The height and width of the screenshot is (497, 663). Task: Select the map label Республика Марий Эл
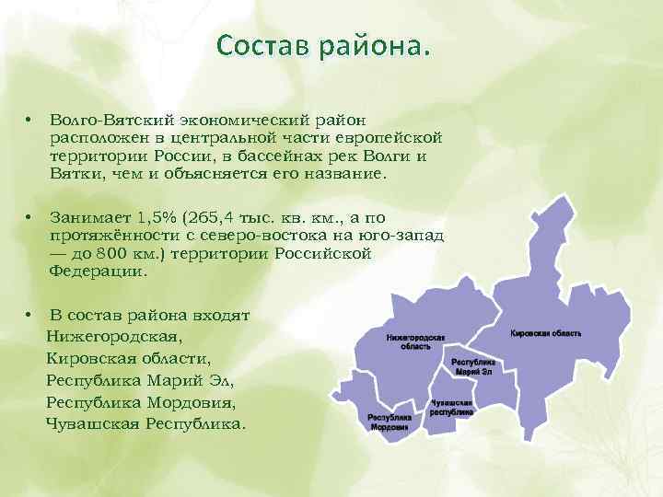[473, 368]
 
